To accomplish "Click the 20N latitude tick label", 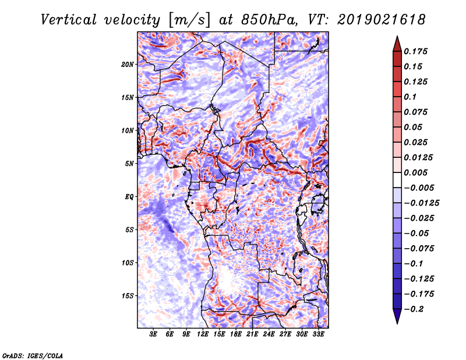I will point(128,64).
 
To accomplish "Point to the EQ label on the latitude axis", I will point(129,196).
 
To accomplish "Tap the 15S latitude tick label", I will point(128,295).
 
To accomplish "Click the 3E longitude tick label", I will point(154,335).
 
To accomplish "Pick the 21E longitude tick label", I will point(252,335).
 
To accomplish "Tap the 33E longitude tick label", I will point(318,335).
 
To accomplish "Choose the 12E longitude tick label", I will point(203,335).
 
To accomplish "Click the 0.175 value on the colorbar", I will point(416,51).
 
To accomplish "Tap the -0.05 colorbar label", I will point(416,233).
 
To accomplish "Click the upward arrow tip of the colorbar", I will point(396,37).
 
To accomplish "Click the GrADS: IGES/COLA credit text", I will point(32,355).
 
